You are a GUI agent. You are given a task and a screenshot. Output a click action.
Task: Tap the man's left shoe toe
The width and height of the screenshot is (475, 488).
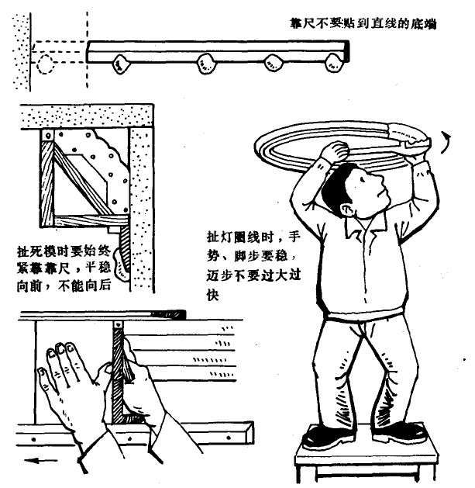click(312, 441)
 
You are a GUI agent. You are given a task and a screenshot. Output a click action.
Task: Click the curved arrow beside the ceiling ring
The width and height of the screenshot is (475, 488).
click(446, 142)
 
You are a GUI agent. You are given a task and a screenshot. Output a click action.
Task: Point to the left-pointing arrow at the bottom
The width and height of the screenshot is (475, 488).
click(40, 460)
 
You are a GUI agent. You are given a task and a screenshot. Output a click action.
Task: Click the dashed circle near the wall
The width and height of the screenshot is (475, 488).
click(46, 64)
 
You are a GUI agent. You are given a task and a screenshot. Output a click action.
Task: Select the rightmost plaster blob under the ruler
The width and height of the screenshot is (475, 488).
click(333, 63)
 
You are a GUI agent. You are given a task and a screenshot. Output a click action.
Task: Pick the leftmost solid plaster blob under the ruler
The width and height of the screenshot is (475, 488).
click(121, 64)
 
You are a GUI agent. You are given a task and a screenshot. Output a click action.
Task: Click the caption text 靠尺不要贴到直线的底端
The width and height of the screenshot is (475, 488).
click(363, 23)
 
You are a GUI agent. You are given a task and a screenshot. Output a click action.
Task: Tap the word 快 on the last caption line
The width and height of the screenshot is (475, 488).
click(213, 294)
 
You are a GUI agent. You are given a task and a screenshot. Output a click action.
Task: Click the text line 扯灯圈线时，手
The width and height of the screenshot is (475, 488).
click(253, 237)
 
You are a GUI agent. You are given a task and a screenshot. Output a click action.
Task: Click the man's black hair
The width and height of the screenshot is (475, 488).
click(336, 189)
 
